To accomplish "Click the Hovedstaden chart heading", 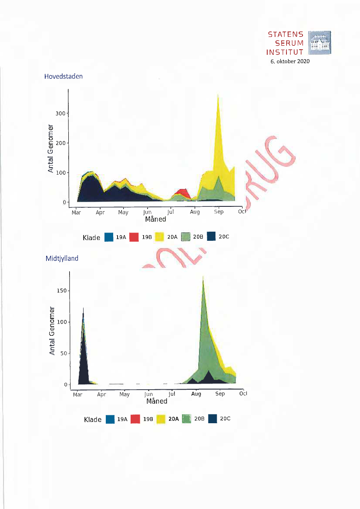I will coord(64,76).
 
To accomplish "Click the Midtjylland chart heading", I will coord(62,258).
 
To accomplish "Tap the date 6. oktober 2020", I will coord(290,61).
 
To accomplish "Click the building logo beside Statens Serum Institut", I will coord(319,43).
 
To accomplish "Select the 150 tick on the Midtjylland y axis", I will coord(61,290).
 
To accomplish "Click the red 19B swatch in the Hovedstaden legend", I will coord(135,237).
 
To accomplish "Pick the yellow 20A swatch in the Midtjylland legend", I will coord(161,419).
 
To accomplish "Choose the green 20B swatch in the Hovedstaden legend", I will coord(185,237).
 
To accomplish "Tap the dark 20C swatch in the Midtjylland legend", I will coord(213,419).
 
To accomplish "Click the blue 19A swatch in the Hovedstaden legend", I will coord(109,237).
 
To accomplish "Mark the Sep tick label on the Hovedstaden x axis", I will coord(219,212).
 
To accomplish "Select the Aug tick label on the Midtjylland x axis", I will coord(196,394).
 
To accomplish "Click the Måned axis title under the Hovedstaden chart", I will coord(156,219).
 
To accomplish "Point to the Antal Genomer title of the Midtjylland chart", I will coord(52,331).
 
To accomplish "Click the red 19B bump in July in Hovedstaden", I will coord(182,192).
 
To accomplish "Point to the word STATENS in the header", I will coord(286,34).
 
